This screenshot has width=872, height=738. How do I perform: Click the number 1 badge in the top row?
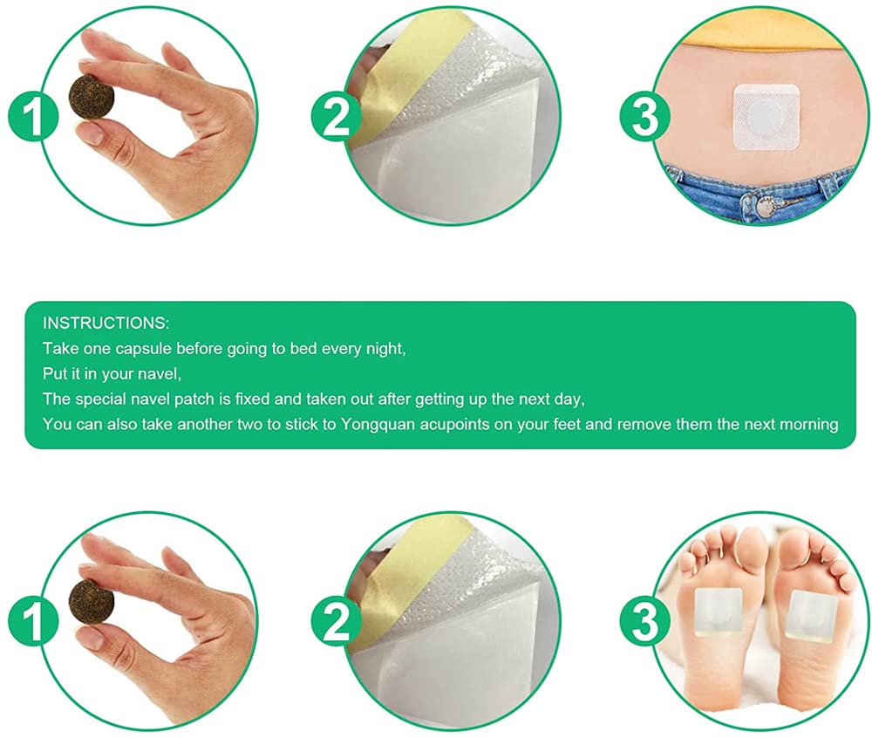click(x=33, y=117)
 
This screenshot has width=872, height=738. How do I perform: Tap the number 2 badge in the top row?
click(x=336, y=117)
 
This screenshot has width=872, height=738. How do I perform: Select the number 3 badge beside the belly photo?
click(x=645, y=117)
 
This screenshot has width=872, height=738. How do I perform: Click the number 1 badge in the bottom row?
click(x=33, y=620)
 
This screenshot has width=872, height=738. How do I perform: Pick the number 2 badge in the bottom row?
click(x=336, y=620)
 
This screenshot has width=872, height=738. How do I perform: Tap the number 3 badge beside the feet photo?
click(x=645, y=620)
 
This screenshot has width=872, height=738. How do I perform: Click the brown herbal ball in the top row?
click(x=92, y=96)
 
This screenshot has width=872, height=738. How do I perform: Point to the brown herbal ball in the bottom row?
click(x=92, y=602)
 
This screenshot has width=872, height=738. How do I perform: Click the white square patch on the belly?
click(x=766, y=118)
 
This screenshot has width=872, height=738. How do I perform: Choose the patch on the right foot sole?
click(x=810, y=617)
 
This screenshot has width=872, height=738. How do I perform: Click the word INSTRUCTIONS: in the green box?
click(x=106, y=323)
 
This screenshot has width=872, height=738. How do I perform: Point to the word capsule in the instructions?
click(x=144, y=349)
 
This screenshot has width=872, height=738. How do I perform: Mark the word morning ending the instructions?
click(x=808, y=425)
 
